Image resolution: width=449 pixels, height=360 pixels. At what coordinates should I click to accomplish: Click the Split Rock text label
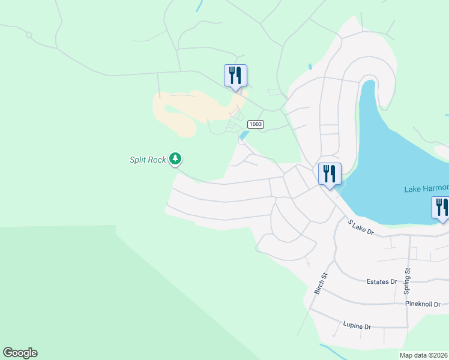(x=148, y=160)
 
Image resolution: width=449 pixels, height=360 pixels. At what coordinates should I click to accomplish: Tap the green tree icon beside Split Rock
(x=175, y=159)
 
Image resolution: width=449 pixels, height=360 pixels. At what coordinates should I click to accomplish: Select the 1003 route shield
(x=256, y=124)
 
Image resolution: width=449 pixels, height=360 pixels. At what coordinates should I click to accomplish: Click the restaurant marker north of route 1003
(x=235, y=76)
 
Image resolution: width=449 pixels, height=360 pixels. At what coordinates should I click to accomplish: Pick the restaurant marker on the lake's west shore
(x=330, y=174)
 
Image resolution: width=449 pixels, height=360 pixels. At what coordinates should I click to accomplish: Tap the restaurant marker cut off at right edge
(x=441, y=208)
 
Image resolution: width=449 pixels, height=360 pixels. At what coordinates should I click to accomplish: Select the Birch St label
(x=321, y=284)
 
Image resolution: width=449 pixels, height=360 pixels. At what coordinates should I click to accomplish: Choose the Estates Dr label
(x=382, y=281)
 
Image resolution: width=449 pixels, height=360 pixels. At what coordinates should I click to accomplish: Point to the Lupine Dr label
(x=357, y=326)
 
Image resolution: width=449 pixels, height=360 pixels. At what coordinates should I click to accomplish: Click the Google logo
(x=20, y=353)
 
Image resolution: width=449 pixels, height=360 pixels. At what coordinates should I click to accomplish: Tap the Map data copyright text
(x=424, y=355)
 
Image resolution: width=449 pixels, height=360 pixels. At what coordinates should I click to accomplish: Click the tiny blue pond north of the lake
(x=310, y=67)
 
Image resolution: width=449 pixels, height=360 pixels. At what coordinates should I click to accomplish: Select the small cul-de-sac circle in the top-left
(x=28, y=35)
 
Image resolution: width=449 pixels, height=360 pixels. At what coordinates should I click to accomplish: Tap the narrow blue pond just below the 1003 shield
(x=243, y=136)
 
